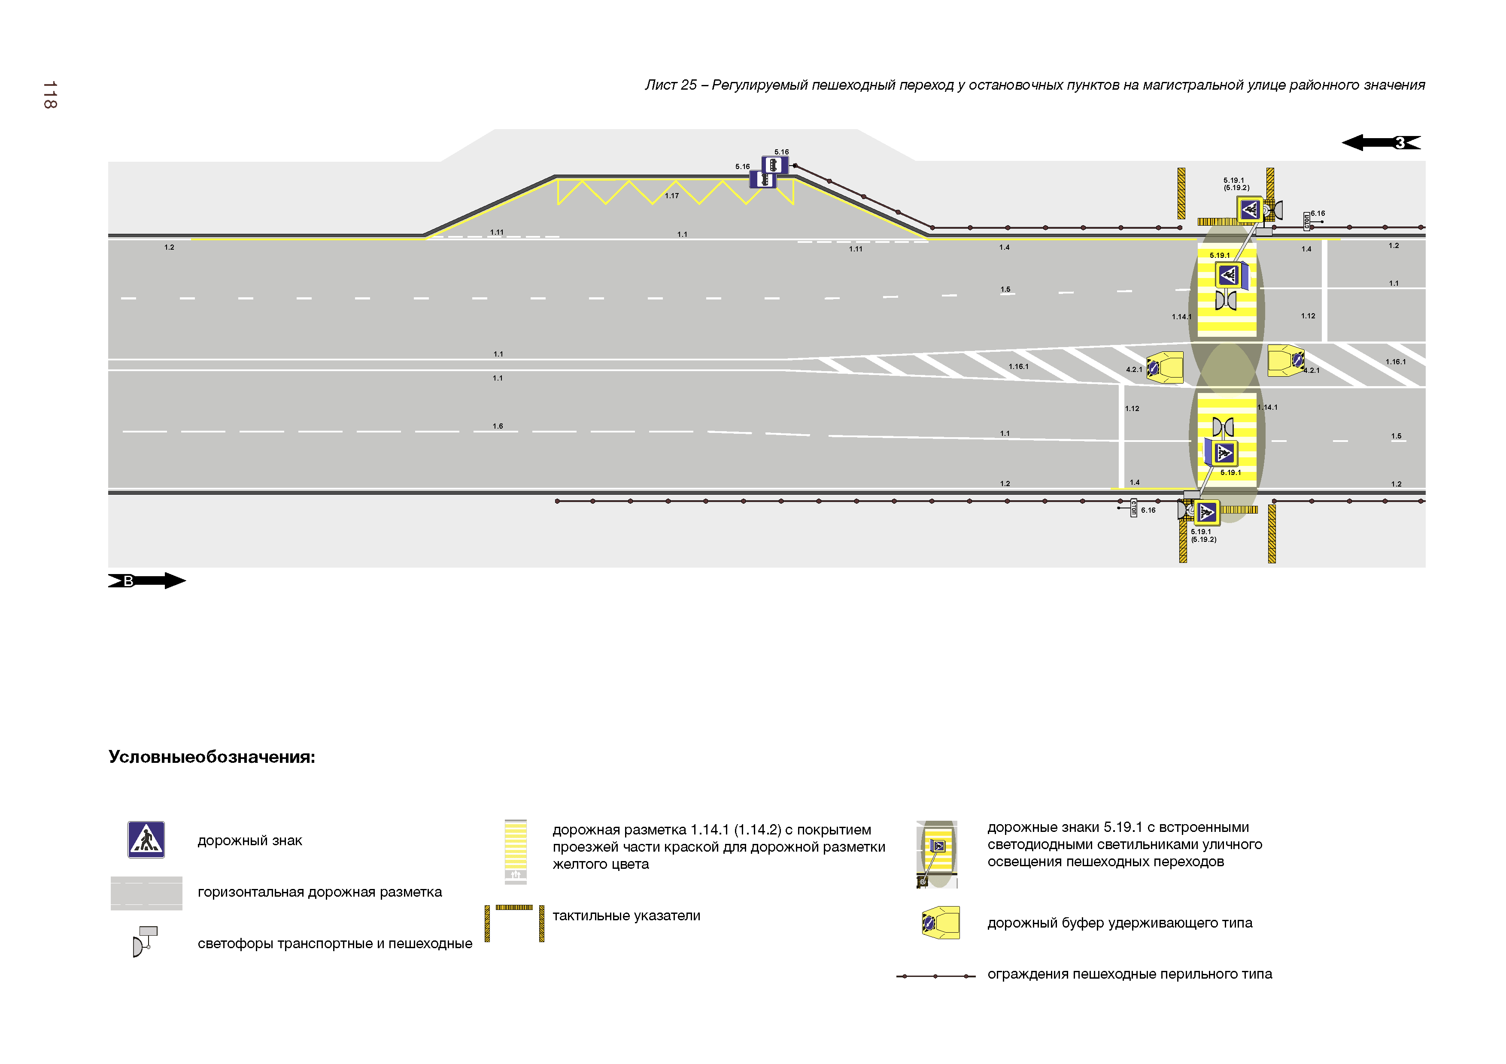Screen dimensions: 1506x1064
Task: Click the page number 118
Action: [x=50, y=95]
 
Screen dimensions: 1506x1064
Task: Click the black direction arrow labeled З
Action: [x=1380, y=142]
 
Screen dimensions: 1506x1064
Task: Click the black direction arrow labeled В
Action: [x=147, y=581]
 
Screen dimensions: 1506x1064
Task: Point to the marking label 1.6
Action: [x=498, y=426]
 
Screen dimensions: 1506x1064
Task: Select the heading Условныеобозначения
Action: [x=211, y=757]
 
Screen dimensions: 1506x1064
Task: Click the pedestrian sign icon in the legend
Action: [x=146, y=840]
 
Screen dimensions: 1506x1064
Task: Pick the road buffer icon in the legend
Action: [x=941, y=923]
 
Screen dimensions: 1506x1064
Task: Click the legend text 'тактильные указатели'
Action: [x=626, y=916]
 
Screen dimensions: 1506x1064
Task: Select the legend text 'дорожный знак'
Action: [x=249, y=840]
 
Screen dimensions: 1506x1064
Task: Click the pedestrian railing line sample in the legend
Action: [x=935, y=976]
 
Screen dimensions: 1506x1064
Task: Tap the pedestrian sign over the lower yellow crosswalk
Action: [x=1224, y=452]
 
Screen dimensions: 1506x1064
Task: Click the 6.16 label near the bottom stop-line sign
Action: [x=1148, y=510]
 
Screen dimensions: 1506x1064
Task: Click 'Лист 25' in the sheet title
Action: [x=670, y=85]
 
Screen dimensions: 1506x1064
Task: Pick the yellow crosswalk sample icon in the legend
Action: [x=516, y=851]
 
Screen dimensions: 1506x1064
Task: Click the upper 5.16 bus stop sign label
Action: [x=781, y=152]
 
